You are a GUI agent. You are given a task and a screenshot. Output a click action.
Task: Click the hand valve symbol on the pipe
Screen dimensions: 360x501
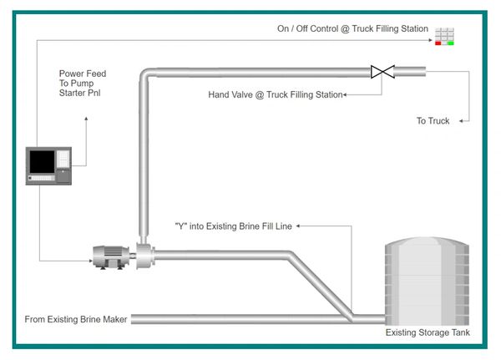point(383,72)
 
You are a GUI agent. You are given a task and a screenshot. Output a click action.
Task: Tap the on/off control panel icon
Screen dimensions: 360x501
point(444,36)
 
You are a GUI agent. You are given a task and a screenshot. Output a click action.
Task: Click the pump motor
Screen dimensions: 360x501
point(109,256)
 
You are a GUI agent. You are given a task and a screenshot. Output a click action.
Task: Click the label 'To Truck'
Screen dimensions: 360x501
point(433,121)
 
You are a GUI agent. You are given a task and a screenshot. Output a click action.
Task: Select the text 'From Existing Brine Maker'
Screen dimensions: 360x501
point(76,319)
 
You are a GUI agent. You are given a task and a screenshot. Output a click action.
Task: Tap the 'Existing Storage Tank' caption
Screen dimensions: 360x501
point(427,332)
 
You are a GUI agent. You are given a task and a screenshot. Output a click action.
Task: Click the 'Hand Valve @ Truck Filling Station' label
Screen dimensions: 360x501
point(275,95)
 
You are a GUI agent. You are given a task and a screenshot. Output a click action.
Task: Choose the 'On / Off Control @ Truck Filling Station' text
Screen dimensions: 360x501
point(352,28)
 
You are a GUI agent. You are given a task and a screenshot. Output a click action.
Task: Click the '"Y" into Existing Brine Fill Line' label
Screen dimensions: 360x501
point(233,226)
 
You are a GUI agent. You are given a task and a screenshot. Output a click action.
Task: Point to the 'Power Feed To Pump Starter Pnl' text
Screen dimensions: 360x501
point(83,84)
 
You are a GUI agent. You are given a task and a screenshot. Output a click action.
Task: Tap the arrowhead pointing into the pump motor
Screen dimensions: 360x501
point(90,261)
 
